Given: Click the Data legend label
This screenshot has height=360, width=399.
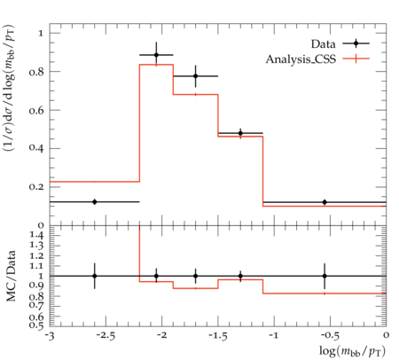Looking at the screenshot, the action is tap(323, 44).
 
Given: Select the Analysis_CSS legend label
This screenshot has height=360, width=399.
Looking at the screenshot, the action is tap(301, 59).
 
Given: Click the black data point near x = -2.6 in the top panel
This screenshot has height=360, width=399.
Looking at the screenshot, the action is tap(95, 202).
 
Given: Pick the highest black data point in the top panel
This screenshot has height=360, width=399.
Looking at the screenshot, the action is tap(156, 55).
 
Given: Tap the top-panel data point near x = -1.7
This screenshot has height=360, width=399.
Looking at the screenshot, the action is tap(195, 76).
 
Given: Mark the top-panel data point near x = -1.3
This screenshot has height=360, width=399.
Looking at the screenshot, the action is tap(240, 133).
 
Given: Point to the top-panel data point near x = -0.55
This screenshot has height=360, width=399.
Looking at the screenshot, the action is tap(325, 202).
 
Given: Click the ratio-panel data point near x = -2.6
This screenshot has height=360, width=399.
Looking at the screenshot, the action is tap(95, 276).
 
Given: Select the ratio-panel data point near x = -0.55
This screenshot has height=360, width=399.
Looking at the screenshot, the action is tap(325, 276).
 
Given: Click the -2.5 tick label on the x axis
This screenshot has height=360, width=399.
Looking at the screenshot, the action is tap(106, 336).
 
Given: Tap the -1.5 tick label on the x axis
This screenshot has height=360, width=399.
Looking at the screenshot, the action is tap(218, 336).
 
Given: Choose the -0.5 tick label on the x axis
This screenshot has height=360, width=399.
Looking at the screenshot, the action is tap(331, 336).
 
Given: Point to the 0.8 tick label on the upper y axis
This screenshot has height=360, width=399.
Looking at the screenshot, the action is tap(36, 72).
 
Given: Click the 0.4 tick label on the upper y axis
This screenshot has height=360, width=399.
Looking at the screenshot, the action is tap(36, 147).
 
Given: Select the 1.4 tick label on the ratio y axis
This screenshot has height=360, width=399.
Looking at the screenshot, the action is tap(36, 235).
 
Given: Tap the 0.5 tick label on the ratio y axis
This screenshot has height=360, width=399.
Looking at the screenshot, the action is tap(36, 325).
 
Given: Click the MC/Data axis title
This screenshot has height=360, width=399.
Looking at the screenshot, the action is tap(11, 276).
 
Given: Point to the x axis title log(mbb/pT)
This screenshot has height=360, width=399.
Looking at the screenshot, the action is tap(352, 351).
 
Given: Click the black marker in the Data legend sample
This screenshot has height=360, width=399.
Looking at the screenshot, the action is tap(356, 43).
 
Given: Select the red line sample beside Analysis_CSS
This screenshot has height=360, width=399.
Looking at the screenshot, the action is tap(356, 59).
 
